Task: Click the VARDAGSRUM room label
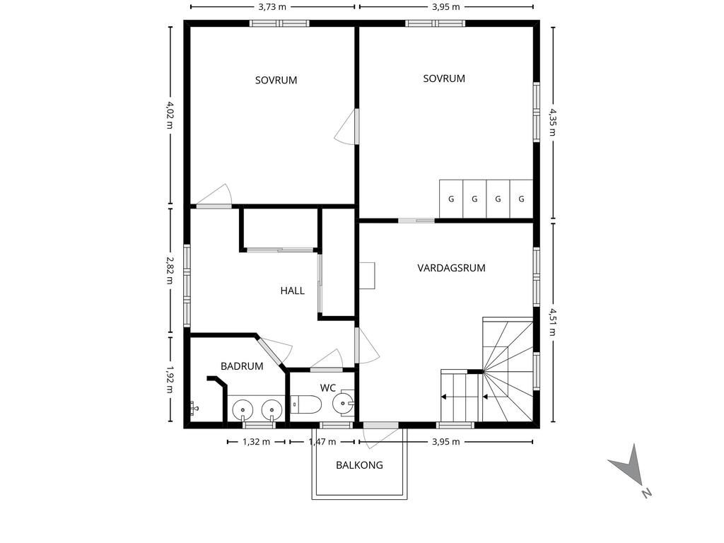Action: coord(451,268)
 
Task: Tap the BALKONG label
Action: coord(359,465)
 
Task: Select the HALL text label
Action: coord(292,291)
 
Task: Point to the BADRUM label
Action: coord(242,366)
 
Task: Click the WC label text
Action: coord(328,388)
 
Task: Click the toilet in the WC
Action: coord(306,405)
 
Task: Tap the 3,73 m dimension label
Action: coord(272,6)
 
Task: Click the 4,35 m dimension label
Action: coord(553,122)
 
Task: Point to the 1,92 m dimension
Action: coord(170,380)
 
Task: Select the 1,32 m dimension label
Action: coord(256,442)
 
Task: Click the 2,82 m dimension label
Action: coord(170,271)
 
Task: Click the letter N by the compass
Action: coord(646,493)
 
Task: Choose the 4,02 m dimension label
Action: coord(170,115)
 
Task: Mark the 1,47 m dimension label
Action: coord(322,442)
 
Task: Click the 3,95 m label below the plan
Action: coord(446,442)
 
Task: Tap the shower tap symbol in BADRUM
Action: coord(194,409)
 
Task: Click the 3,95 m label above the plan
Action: coord(446,6)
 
